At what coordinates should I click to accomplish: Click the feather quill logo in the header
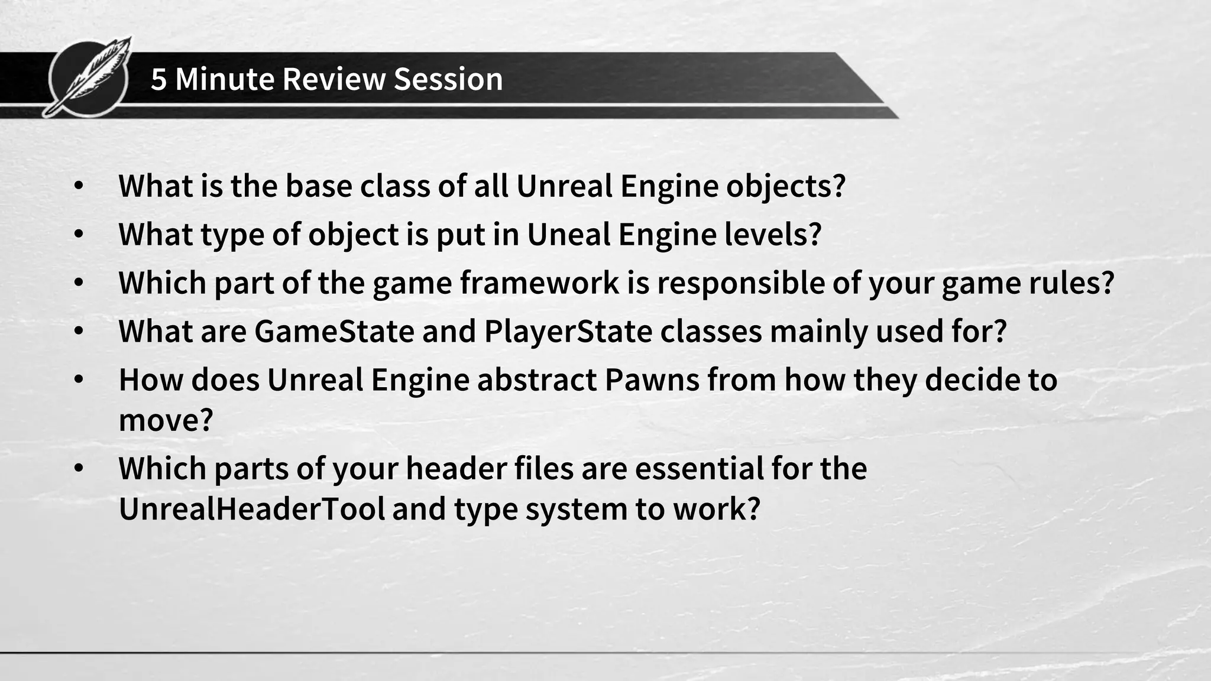89,77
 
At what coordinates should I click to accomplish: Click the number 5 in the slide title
158,79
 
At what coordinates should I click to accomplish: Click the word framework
540,283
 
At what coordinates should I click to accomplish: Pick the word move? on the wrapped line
166,420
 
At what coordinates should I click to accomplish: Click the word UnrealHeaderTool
252,508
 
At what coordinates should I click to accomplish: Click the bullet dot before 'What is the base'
79,186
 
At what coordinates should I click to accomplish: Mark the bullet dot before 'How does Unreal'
79,380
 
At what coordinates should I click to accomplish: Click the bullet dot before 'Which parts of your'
79,468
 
